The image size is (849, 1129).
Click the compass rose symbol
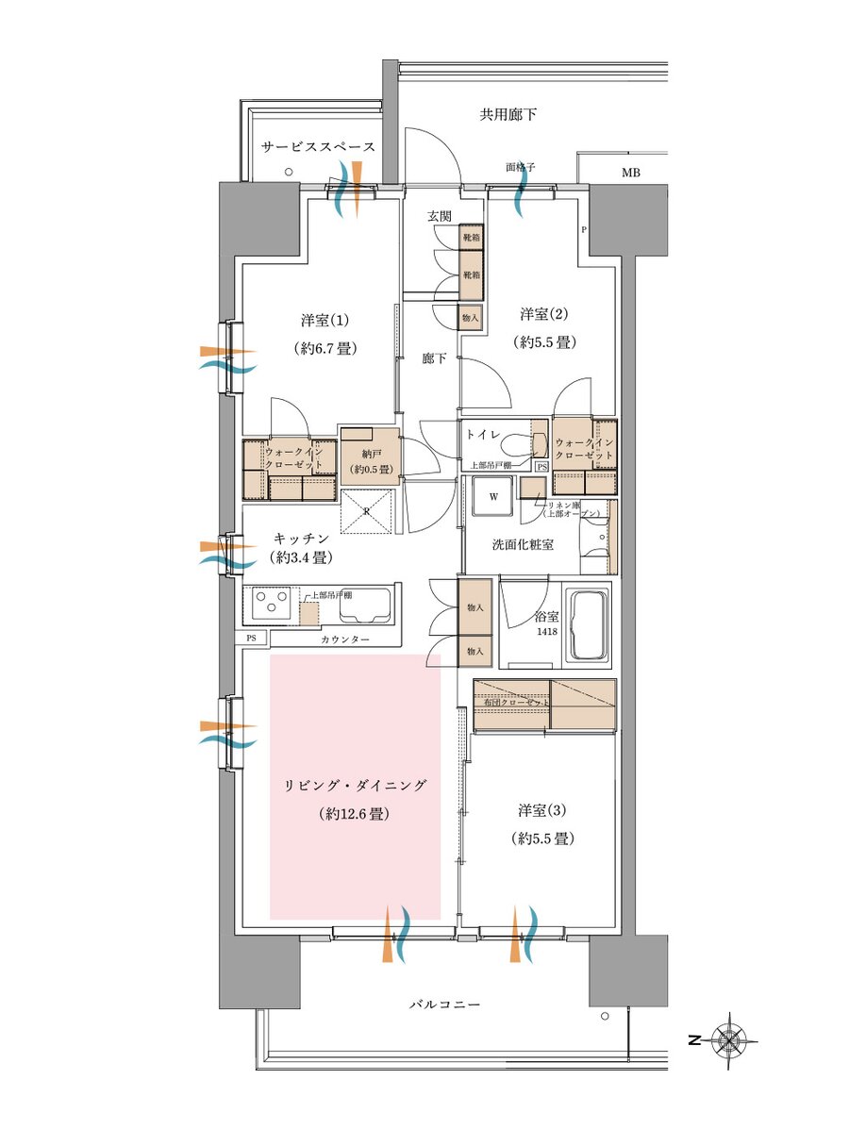tap(728, 1040)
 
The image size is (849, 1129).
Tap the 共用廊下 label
tap(508, 115)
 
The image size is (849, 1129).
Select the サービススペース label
tap(319, 147)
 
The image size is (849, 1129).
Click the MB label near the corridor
tap(629, 173)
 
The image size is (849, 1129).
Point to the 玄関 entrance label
tap(440, 216)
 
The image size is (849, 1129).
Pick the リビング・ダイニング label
tap(355, 785)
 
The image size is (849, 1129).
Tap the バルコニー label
tap(444, 1005)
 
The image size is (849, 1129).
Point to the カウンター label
tap(344, 640)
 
